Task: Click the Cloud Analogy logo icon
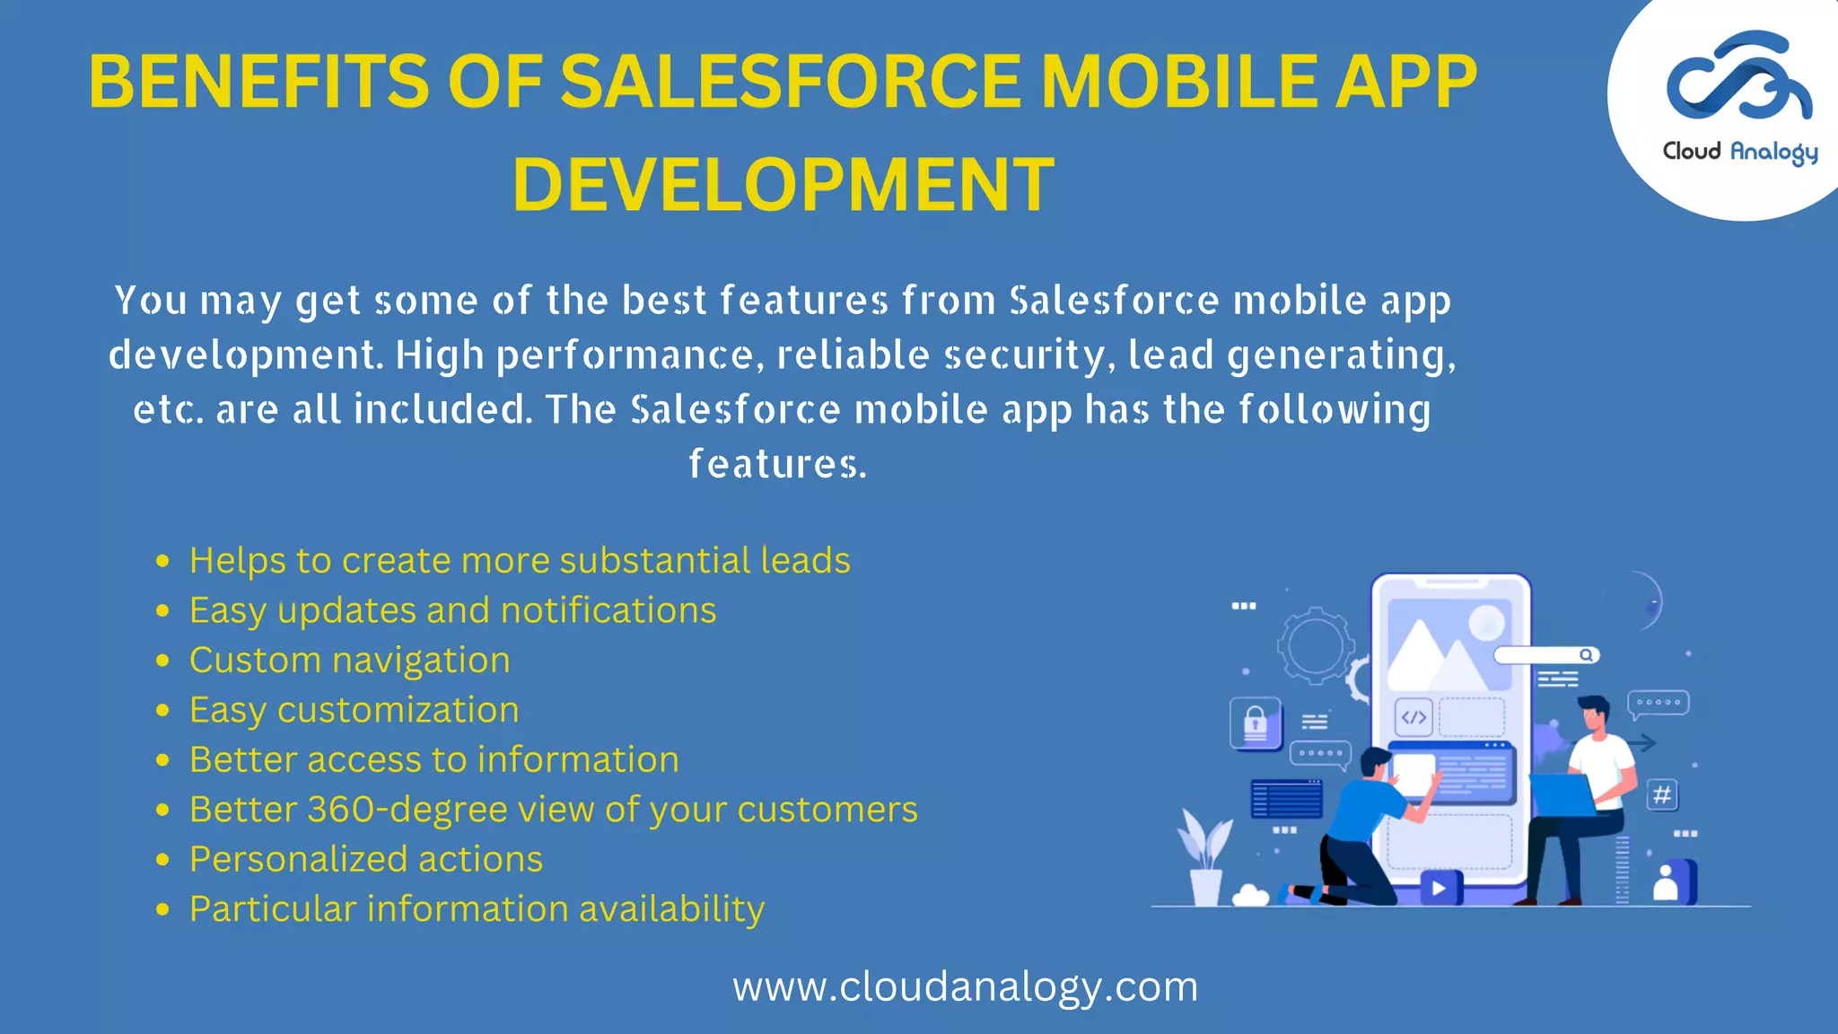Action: pyautogui.click(x=1738, y=76)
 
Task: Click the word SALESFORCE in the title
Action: pyautogui.click(x=790, y=82)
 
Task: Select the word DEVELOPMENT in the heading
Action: pyautogui.click(x=783, y=184)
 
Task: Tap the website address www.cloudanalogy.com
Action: pyautogui.click(x=965, y=986)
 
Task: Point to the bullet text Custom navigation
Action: pyautogui.click(x=349, y=661)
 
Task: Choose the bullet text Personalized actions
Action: pyautogui.click(x=366, y=860)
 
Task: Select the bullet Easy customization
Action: pyautogui.click(x=354, y=710)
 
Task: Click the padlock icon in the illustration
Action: pyautogui.click(x=1256, y=722)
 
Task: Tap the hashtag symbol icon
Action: pyautogui.click(x=1662, y=794)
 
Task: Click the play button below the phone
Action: pyautogui.click(x=1440, y=888)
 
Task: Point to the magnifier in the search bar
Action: pyautogui.click(x=1586, y=655)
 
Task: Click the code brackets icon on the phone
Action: pyautogui.click(x=1414, y=717)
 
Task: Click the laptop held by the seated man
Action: pyautogui.click(x=1562, y=793)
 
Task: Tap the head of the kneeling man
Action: pyautogui.click(x=1374, y=763)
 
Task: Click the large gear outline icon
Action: pyautogui.click(x=1315, y=644)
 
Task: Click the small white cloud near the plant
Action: pyautogui.click(x=1250, y=895)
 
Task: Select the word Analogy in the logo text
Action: pyautogui.click(x=1773, y=153)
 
